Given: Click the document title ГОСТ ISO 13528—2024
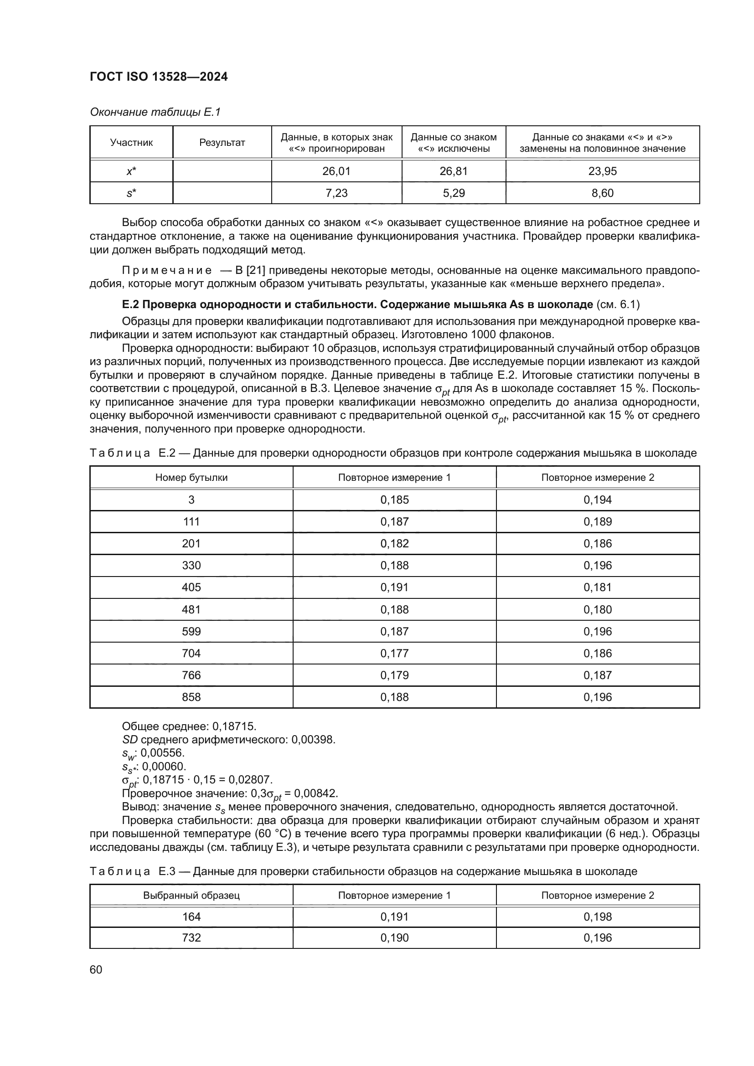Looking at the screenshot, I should pyautogui.click(x=158, y=77).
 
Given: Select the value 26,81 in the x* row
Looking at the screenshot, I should pyautogui.click(x=453, y=171).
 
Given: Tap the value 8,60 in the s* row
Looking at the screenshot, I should pyautogui.click(x=602, y=193).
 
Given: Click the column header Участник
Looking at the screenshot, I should pyautogui.click(x=131, y=143).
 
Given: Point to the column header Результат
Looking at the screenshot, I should pyautogui.click(x=222, y=143).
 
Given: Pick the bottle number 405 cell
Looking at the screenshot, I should pyautogui.click(x=191, y=587).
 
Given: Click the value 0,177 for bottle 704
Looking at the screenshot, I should pyautogui.click(x=394, y=653).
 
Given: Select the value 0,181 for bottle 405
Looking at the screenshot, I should pyautogui.click(x=598, y=587).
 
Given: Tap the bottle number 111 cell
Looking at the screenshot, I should pyautogui.click(x=191, y=521).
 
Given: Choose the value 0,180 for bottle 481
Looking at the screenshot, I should pyautogui.click(x=598, y=610).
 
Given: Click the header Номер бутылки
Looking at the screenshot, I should pyautogui.click(x=191, y=477).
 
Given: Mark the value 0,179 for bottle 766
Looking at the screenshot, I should pyautogui.click(x=394, y=675).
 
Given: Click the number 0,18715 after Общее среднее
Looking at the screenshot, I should pyautogui.click(x=234, y=726).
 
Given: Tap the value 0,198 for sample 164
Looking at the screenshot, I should pyautogui.click(x=598, y=917).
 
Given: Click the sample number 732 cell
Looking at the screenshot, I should pyautogui.click(x=191, y=937).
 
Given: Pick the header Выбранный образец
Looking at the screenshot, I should pyautogui.click(x=191, y=895).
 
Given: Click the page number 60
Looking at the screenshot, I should pyautogui.click(x=96, y=969).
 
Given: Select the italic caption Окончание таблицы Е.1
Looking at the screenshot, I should pyautogui.click(x=155, y=112).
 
